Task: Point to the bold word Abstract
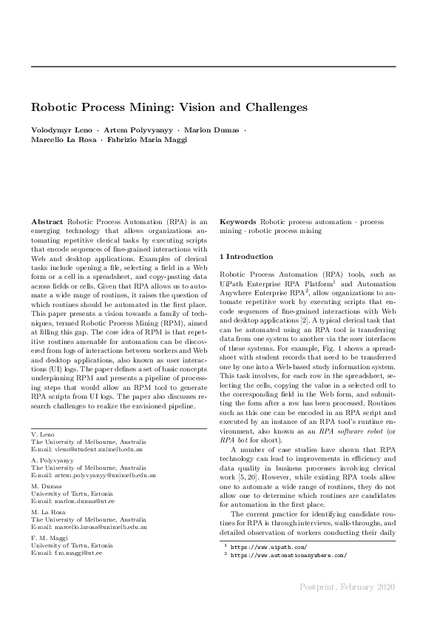(47, 222)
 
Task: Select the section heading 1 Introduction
(246, 256)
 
